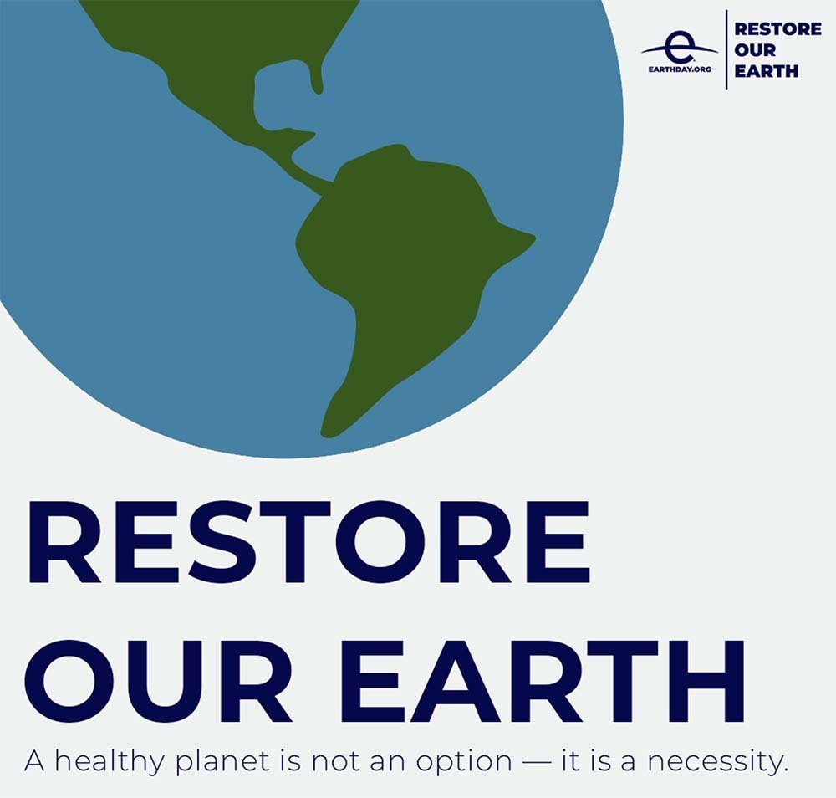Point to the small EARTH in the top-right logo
766,71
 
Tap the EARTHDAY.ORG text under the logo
680,69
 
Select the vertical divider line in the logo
725,49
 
